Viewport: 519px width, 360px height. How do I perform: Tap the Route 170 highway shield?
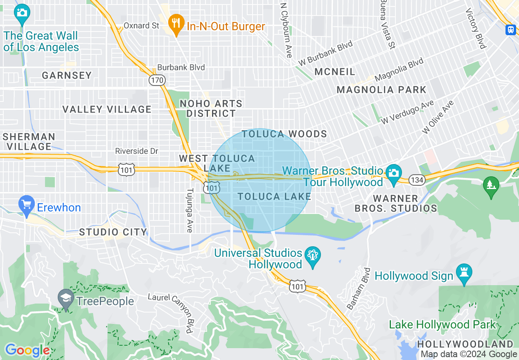point(157,80)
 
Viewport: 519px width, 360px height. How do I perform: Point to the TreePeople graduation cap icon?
point(66,299)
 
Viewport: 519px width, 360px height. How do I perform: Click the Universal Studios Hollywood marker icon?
point(313,257)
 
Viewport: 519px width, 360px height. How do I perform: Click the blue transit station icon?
point(511,29)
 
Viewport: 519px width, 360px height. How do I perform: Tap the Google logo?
point(27,350)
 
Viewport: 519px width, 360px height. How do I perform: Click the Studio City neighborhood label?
point(113,232)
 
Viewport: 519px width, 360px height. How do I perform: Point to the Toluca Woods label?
point(284,134)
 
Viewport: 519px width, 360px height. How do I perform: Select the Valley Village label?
point(107,109)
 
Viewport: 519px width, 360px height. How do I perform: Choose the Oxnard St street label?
point(141,25)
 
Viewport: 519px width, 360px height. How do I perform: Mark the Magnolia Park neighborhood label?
point(381,90)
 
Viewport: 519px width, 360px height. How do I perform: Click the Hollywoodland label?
point(465,344)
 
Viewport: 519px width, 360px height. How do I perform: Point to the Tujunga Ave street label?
point(190,210)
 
